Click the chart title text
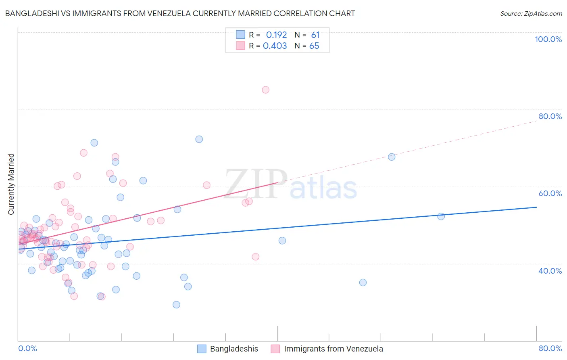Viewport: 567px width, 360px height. (x=180, y=13)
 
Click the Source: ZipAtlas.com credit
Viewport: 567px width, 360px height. (x=531, y=13)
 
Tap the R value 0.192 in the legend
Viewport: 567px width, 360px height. (x=276, y=35)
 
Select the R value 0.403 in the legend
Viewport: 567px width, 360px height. (x=275, y=46)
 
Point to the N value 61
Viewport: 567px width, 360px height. (x=315, y=35)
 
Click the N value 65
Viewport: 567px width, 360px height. (x=314, y=46)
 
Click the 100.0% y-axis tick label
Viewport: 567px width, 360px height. (x=548, y=39)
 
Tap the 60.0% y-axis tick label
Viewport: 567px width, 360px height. (x=550, y=193)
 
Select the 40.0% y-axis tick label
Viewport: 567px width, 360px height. (x=550, y=271)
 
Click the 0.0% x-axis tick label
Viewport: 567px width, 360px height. (x=27, y=348)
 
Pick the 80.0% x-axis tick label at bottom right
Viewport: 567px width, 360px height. (x=550, y=348)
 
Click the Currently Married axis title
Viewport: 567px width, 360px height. (x=11, y=184)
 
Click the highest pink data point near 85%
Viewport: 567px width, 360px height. (x=265, y=90)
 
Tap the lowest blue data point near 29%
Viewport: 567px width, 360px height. (x=176, y=305)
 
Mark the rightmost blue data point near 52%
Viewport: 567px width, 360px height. (x=441, y=216)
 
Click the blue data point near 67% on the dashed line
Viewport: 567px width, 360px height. (x=392, y=157)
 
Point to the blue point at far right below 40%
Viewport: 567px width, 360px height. (x=363, y=283)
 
